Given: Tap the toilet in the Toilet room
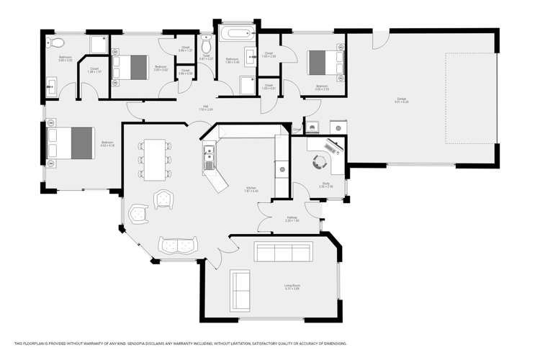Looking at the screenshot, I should point(206,38).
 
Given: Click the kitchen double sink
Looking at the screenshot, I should point(208,157).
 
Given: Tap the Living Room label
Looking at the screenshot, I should point(292,287).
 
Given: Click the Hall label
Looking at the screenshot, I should point(206,107).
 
